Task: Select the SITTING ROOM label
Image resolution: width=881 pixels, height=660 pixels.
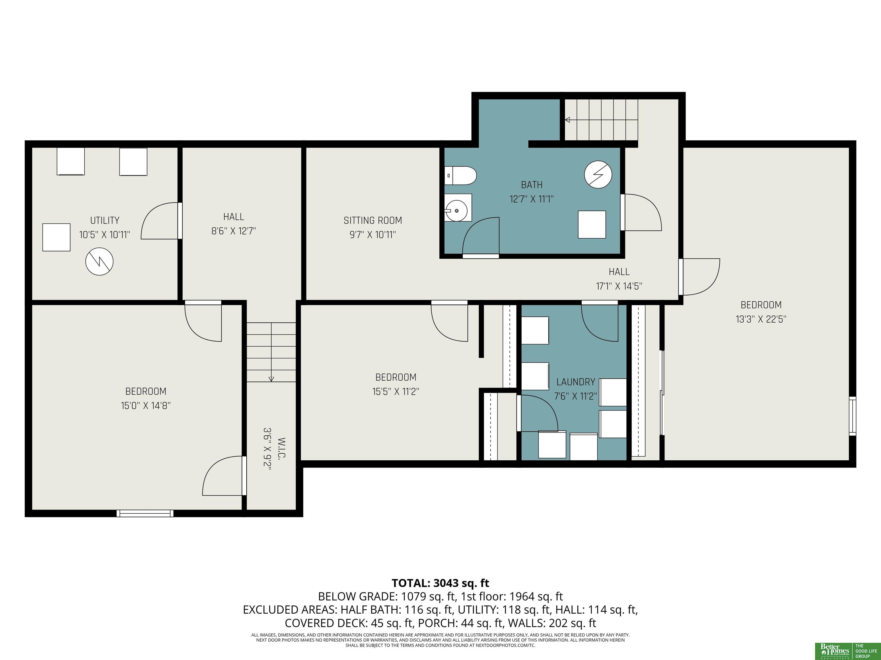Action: click(x=373, y=220)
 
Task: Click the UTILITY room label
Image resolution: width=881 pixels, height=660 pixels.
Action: click(x=105, y=220)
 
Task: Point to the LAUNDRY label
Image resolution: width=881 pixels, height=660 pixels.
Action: click(x=576, y=382)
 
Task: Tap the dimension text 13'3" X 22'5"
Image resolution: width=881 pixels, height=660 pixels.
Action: click(x=761, y=319)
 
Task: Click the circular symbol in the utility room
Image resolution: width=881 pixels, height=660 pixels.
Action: click(x=100, y=261)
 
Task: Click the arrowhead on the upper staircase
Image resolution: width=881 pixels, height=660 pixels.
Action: click(x=567, y=120)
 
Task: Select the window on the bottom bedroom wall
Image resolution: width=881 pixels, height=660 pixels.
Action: click(x=145, y=513)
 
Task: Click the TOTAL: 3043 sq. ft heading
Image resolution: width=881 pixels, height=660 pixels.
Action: click(x=440, y=583)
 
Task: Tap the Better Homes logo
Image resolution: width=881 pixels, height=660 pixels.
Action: click(x=835, y=651)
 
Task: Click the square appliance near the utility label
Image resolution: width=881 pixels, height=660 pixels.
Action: click(x=56, y=237)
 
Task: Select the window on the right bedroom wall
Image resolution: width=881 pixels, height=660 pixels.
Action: click(x=852, y=416)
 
